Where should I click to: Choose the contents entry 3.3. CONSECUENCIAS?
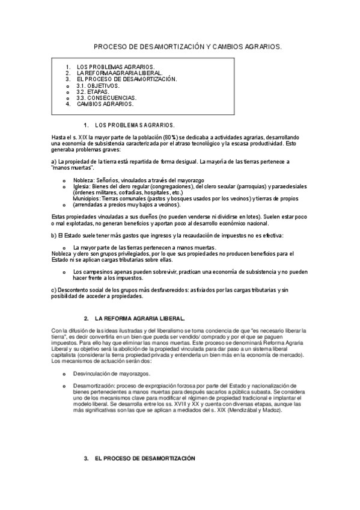[x=106, y=97]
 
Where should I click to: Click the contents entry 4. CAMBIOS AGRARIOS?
[x=105, y=103]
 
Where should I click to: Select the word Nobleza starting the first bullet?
[x=84, y=180]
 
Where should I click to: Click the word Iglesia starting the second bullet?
[x=82, y=186]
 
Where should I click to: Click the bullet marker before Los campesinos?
[x=64, y=272]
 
